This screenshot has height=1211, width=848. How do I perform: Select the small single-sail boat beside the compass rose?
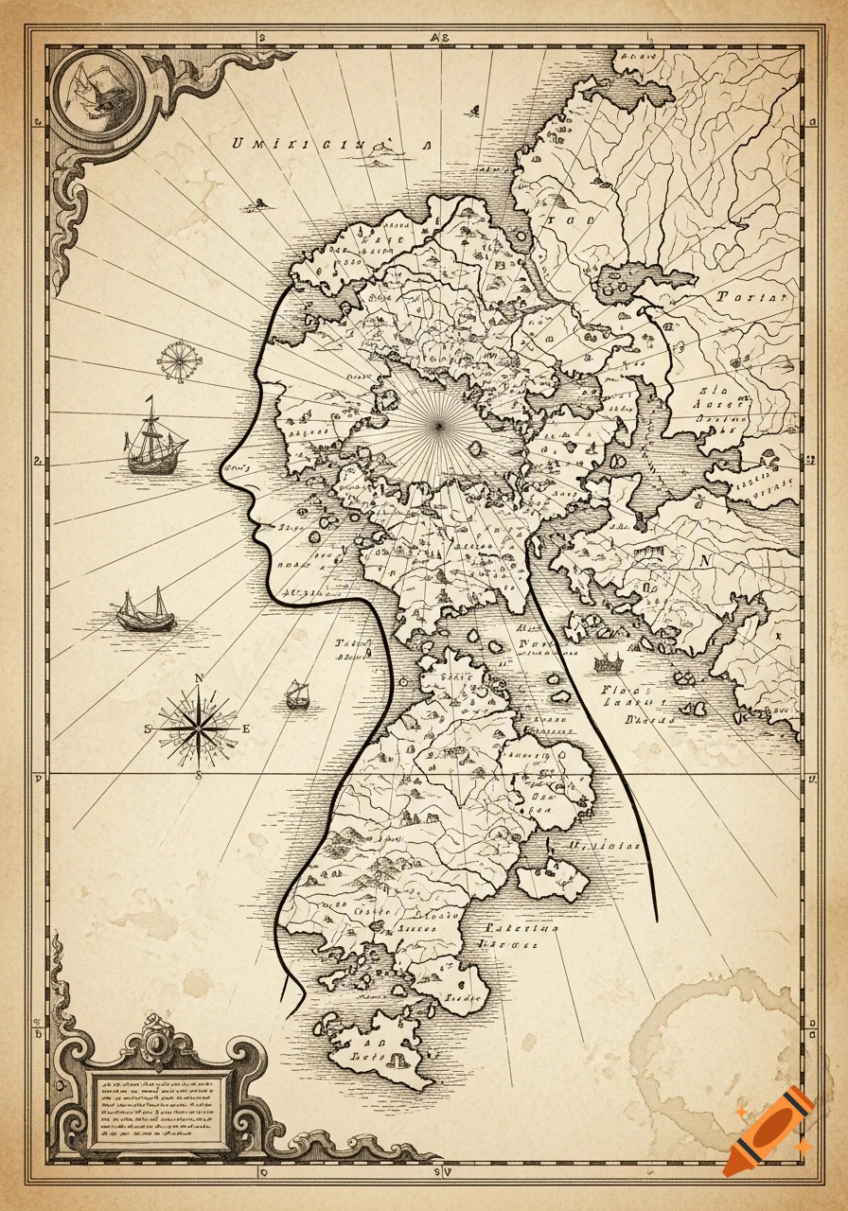pos(299,695)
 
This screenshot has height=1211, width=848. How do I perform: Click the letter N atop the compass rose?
pos(199,677)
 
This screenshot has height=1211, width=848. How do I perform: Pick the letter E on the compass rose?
pos(246,728)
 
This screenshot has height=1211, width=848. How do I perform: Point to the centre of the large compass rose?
pos(199,728)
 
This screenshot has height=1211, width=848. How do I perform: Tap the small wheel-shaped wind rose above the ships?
pos(177,361)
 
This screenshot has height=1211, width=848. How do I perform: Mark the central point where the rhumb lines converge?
pos(439,427)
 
